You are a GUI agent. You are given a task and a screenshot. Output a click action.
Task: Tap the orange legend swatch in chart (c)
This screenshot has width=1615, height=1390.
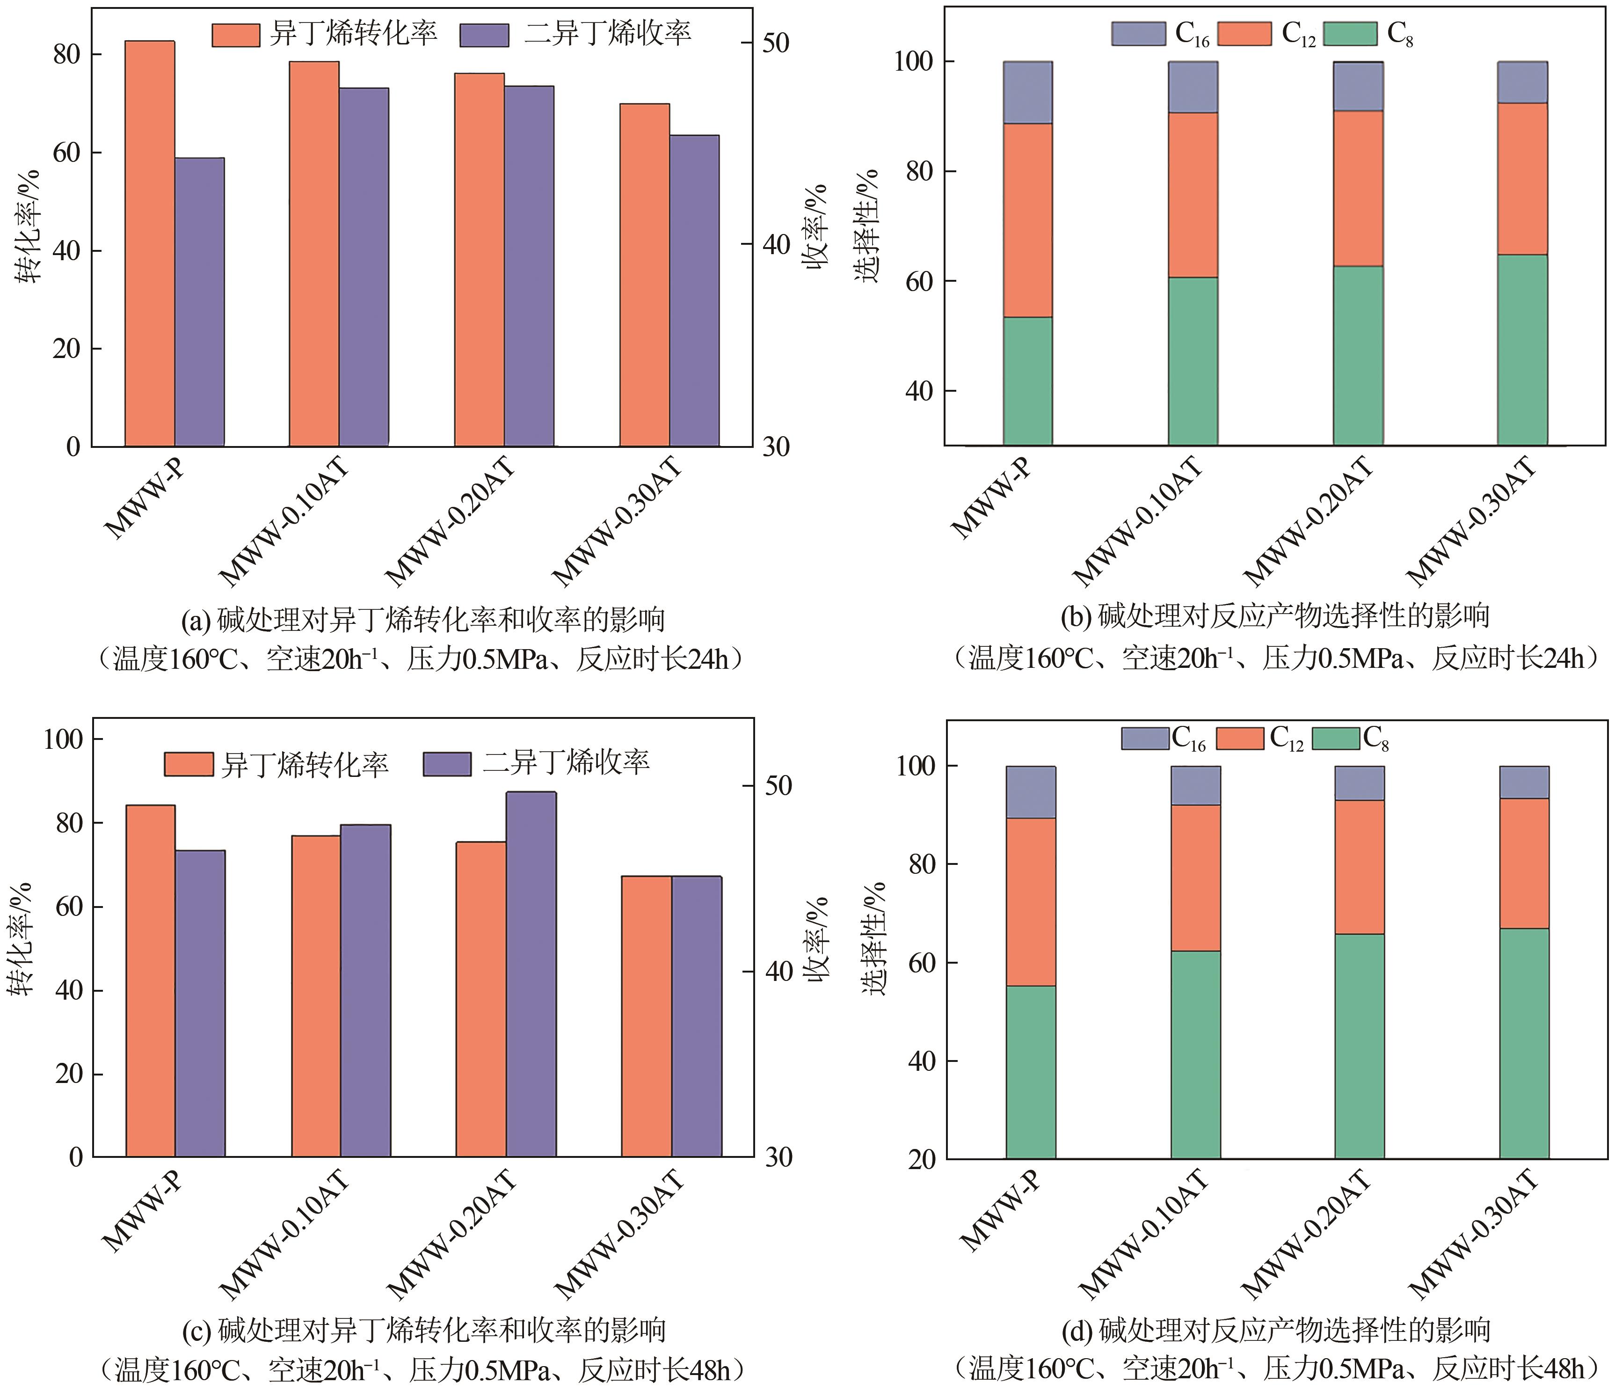pyautogui.click(x=189, y=764)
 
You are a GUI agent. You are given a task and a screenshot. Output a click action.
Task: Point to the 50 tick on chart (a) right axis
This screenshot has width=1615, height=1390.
pyautogui.click(x=776, y=43)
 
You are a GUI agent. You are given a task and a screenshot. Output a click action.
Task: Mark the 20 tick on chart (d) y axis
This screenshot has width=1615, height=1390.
pyautogui.click(x=921, y=1159)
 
